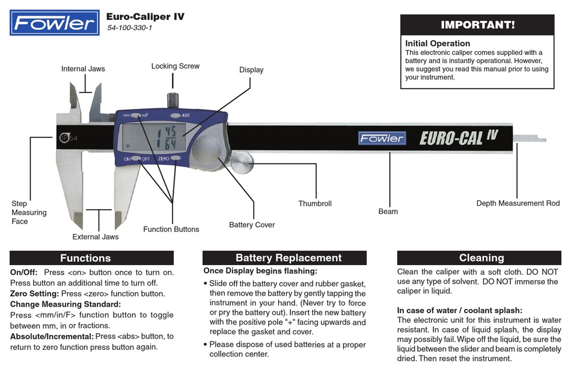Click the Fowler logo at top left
pyautogui.click(x=55, y=23)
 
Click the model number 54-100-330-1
pyautogui.click(x=129, y=28)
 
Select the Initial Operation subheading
pyautogui.click(x=438, y=43)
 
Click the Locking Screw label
pyautogui.click(x=176, y=66)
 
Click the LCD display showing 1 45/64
pyautogui.click(x=163, y=139)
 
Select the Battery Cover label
pyautogui.click(x=252, y=225)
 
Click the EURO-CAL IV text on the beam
pyautogui.click(x=458, y=138)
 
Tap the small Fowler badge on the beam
pyautogui.click(x=382, y=138)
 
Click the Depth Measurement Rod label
pyautogui.click(x=518, y=203)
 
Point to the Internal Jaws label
pyautogui.click(x=83, y=69)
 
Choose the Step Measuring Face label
pyautogui.click(x=29, y=212)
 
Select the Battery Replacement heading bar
pyautogui.click(x=284, y=258)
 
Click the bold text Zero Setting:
pyautogui.click(x=34, y=293)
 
